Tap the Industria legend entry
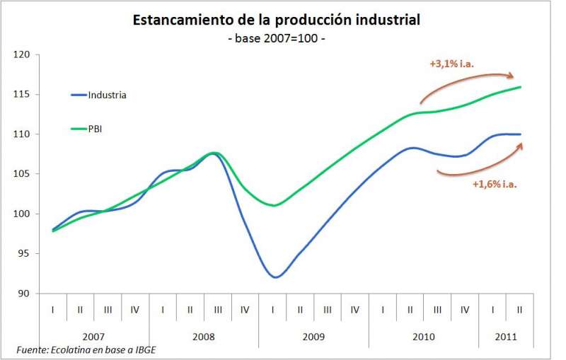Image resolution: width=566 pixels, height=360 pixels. [107, 95]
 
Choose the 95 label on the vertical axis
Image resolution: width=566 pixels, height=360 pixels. [25, 253]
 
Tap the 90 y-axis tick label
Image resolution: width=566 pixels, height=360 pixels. [25, 294]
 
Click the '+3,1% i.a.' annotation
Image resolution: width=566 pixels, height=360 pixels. [451, 64]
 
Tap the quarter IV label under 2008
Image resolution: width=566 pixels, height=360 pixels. [245, 309]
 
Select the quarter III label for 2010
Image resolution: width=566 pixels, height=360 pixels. [437, 309]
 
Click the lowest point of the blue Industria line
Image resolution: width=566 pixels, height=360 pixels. [275, 277]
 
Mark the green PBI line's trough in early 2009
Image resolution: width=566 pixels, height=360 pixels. [275, 205]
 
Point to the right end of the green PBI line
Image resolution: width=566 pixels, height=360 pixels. [521, 87]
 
